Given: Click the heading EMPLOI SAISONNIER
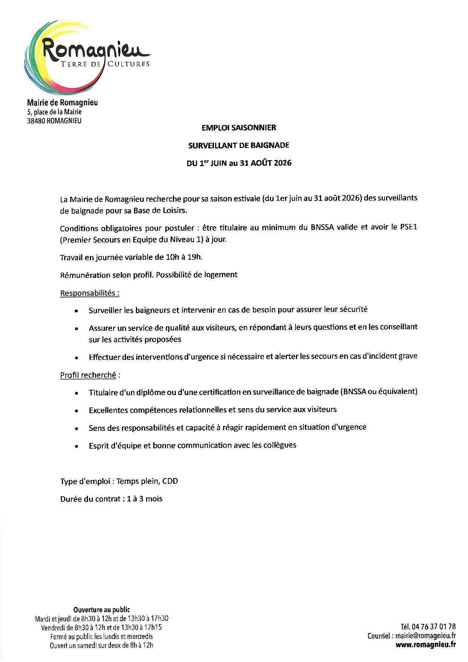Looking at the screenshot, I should click(x=239, y=128).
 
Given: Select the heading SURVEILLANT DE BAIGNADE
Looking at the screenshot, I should click(x=239, y=145).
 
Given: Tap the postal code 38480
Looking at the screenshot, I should click(x=36, y=121).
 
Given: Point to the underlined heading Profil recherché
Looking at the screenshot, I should click(x=88, y=375).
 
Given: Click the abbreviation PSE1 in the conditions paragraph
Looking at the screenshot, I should click(x=408, y=227).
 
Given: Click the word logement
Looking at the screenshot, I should click(x=221, y=275).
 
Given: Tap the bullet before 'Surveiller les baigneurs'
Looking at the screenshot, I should click(x=77, y=311).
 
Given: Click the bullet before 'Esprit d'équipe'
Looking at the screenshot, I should click(x=77, y=446).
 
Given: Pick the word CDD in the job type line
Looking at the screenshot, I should click(x=170, y=481).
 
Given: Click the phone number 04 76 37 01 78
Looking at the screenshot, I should click(x=434, y=627).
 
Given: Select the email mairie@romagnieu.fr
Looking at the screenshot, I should click(x=425, y=636).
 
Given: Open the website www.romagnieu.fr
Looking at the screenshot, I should click(x=425, y=645).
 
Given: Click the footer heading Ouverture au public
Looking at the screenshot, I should click(x=102, y=610).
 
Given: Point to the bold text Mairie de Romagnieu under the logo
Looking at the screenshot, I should click(x=62, y=103).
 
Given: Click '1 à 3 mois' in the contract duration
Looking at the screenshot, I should click(x=145, y=499).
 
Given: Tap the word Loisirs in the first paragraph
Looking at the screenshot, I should click(x=175, y=210).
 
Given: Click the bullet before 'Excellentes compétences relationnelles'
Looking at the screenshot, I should click(x=77, y=410).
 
